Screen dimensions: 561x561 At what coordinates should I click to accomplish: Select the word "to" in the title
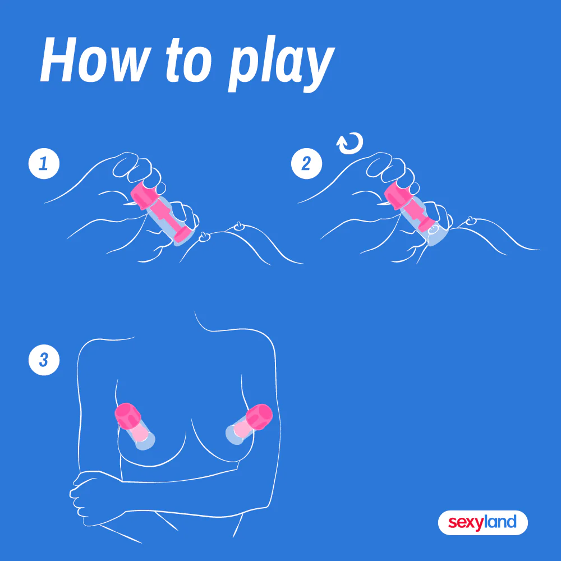point(187,62)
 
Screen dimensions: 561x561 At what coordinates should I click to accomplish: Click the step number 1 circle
point(43,163)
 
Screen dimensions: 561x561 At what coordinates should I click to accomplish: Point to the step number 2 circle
point(306,163)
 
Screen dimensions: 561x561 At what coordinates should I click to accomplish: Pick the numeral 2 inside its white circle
point(306,163)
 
